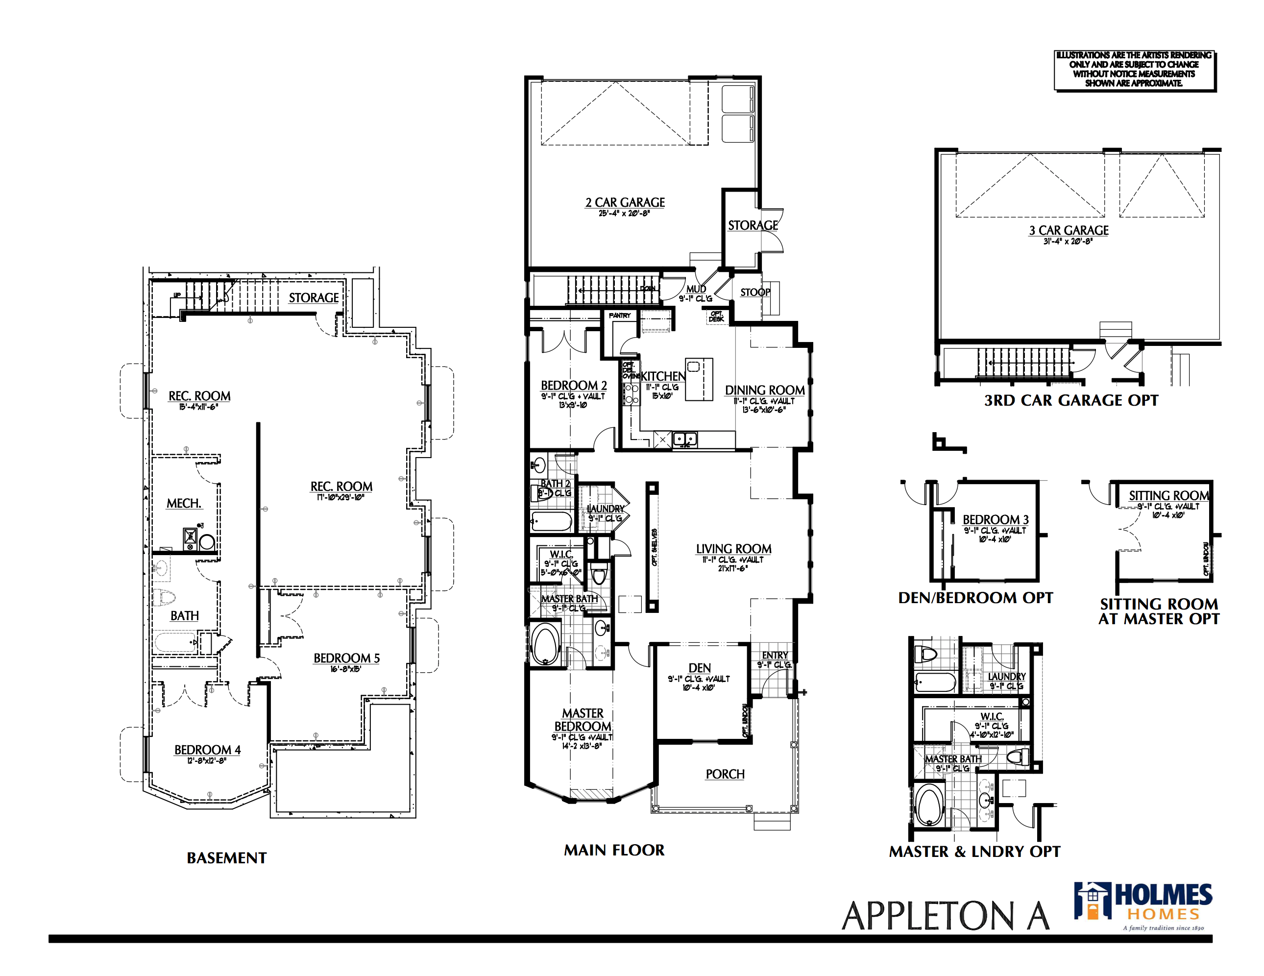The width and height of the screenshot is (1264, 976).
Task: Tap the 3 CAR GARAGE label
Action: tap(1069, 230)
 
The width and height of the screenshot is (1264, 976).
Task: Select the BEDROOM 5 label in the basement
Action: tap(346, 658)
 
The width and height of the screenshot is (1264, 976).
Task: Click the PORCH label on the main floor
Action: tap(725, 775)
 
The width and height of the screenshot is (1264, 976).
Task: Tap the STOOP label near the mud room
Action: tap(754, 293)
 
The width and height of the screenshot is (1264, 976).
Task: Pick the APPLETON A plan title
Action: tap(945, 917)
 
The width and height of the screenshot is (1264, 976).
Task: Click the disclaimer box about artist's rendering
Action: tap(1134, 70)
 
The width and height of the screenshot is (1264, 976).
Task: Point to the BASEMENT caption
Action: tap(226, 858)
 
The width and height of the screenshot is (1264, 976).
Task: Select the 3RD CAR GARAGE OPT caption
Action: tap(1070, 401)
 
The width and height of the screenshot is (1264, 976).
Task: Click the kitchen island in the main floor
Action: tap(699, 380)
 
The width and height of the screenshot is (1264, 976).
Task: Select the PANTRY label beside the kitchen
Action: tap(619, 316)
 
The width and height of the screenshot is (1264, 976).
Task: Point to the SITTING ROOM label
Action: tap(1168, 495)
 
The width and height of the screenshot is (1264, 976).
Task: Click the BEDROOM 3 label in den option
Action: tap(995, 520)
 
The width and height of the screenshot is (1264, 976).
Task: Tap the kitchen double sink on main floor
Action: tap(685, 439)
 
